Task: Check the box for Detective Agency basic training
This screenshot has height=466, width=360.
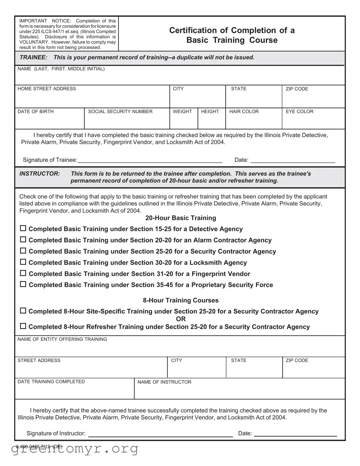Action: point(23,228)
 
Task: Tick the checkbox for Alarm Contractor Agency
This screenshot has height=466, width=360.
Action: point(23,240)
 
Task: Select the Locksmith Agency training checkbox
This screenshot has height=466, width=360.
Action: point(23,262)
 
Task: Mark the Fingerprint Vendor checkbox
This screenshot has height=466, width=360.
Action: point(23,273)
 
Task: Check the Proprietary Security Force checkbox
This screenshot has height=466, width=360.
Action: point(23,284)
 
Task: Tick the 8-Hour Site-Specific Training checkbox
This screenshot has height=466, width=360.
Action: point(23,311)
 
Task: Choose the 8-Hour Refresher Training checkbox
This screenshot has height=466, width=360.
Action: point(23,326)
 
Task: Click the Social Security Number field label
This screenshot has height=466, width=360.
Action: point(120,111)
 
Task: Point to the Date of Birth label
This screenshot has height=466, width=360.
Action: point(36,111)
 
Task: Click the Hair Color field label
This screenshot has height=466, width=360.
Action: point(244,111)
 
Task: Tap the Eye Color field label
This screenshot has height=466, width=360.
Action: point(299,111)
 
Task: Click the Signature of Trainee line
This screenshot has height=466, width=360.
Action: point(150,160)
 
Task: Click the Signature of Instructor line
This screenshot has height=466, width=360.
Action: point(160,434)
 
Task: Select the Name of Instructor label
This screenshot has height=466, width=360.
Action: point(164,382)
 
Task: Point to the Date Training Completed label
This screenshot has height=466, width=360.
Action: point(51,382)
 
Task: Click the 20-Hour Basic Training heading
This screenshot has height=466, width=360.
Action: point(181,218)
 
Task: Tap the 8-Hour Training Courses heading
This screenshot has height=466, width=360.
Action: point(181,300)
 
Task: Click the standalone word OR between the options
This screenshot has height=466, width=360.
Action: point(181,319)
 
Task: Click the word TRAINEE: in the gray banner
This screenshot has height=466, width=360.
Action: point(33,57)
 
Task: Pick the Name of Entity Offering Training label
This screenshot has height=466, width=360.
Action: point(62,339)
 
